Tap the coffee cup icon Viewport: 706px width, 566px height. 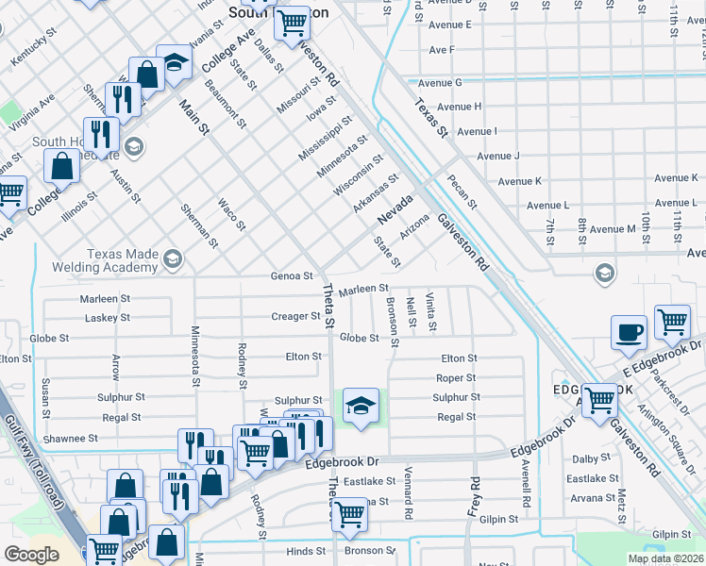[629, 332]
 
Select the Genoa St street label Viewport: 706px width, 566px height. [292, 276]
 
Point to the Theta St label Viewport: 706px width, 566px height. [329, 307]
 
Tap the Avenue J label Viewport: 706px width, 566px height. [498, 156]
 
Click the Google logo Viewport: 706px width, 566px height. [31, 555]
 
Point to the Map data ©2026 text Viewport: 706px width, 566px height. [665, 558]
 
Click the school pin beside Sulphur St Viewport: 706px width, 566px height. [361, 406]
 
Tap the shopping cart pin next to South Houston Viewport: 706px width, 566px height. [293, 21]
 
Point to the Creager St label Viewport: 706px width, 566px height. [295, 316]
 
